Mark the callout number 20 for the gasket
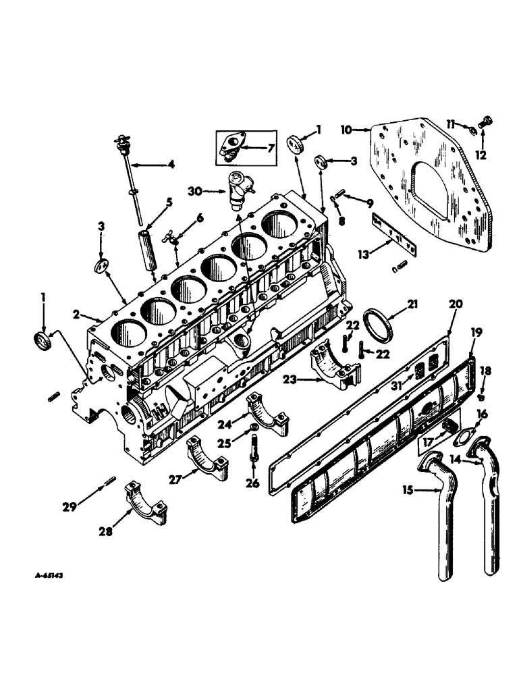(456, 305)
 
